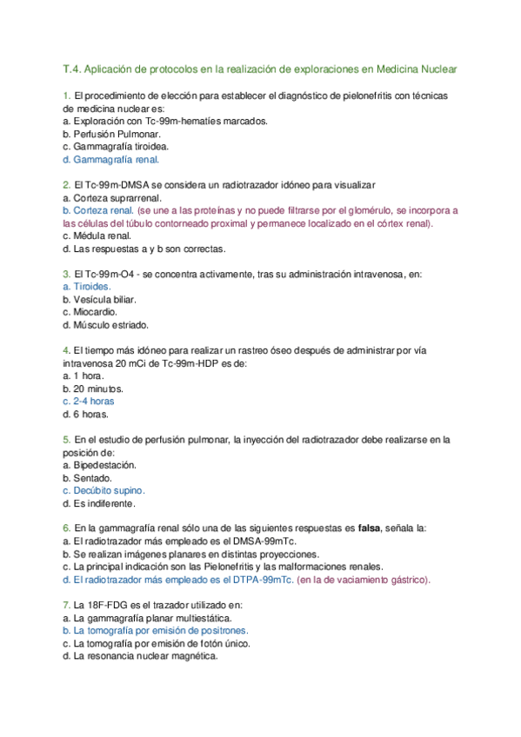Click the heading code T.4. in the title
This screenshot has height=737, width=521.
71,68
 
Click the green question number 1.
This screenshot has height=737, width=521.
66,95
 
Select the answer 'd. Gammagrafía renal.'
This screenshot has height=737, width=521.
111,160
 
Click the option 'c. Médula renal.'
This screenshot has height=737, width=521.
97,236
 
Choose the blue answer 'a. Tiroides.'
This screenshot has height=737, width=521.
87,286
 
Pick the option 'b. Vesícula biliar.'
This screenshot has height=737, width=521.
100,299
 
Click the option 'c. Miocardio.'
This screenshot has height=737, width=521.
90,311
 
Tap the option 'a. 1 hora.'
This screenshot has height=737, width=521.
83,375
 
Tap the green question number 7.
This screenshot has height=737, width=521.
66,605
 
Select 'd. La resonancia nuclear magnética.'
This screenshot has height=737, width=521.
139,656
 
